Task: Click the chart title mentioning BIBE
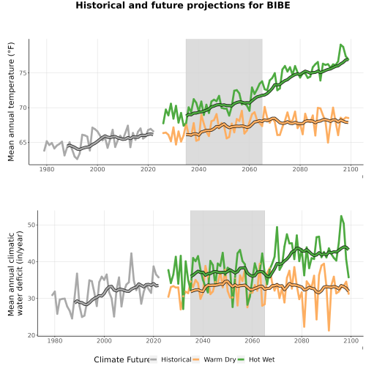click(x=183, y=5)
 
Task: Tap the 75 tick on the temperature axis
click(x=23, y=73)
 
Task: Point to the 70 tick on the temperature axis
click(x=23, y=108)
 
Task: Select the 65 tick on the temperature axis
click(x=23, y=142)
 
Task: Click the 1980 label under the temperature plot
click(x=47, y=169)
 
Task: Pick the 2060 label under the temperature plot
click(x=250, y=169)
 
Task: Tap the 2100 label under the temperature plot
click(x=351, y=169)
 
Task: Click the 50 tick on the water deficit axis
click(x=31, y=225)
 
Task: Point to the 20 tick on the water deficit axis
click(x=31, y=335)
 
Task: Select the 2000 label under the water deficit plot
click(x=104, y=340)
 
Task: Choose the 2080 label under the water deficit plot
click(x=302, y=340)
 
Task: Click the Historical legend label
click(x=176, y=359)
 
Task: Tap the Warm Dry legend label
click(x=220, y=359)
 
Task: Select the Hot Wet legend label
click(x=261, y=359)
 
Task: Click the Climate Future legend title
click(x=122, y=359)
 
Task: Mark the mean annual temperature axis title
click(x=11, y=102)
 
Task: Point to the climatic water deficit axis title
click(x=15, y=273)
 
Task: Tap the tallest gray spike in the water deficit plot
click(x=131, y=253)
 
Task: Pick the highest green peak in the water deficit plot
click(x=341, y=216)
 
